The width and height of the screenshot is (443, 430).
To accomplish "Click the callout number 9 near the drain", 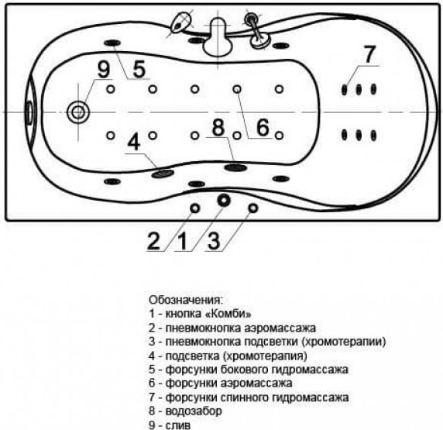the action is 103,70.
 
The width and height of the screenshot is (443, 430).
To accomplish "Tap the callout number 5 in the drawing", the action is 139,69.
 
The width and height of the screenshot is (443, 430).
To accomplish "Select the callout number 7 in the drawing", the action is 369,54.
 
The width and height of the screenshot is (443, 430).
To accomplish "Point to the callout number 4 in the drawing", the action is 134,143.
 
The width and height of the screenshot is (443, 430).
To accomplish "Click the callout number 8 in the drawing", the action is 218,127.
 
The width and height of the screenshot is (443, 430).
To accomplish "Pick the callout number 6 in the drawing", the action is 263,127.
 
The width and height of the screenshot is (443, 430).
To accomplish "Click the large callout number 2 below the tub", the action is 153,241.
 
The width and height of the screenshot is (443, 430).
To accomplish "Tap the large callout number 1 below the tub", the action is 184,241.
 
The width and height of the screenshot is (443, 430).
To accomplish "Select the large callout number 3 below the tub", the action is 214,241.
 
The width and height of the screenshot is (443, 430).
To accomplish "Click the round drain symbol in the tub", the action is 77,112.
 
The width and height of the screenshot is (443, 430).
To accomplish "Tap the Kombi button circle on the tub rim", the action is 224,201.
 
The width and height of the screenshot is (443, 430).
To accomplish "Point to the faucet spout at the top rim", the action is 218,36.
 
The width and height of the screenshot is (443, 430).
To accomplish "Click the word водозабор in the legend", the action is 194,411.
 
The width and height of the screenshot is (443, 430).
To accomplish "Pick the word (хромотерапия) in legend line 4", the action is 265,356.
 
